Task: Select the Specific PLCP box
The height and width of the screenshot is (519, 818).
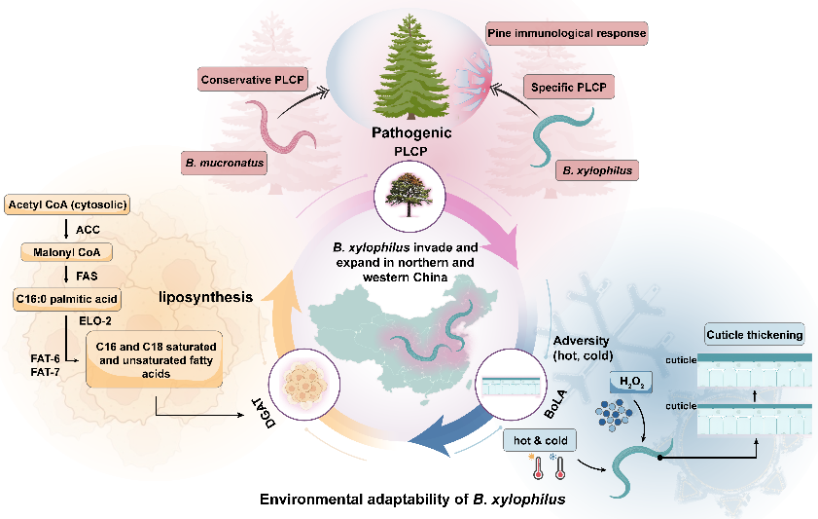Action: click(x=570, y=88)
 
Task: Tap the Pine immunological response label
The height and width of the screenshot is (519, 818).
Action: click(x=566, y=34)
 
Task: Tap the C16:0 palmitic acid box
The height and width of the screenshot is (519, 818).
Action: click(x=67, y=297)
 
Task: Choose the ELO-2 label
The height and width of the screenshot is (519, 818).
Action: click(x=95, y=318)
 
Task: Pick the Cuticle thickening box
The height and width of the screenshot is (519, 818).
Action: click(x=756, y=335)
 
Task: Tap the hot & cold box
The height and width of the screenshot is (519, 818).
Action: click(x=540, y=440)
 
